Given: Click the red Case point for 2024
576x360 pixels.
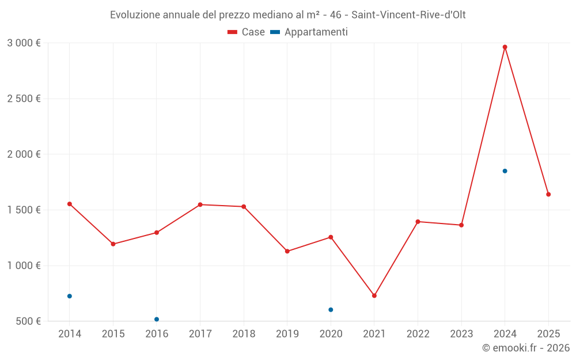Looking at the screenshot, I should pos(505,47).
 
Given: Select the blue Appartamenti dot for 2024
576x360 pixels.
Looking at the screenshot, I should pos(505,171).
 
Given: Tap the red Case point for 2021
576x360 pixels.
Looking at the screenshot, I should pos(374,295).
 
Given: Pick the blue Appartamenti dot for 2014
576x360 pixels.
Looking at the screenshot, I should pos(70,296).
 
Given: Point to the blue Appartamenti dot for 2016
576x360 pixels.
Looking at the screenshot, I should pos(157,319).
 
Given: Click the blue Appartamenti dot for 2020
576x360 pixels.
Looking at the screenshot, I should pos(331,310).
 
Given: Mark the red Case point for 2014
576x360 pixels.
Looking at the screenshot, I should pos(70,204).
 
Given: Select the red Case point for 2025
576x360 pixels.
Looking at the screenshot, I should pos(548,195).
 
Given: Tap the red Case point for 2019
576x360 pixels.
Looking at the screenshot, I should pos(287,251).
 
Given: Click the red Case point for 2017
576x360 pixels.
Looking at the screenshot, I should pos(200,204).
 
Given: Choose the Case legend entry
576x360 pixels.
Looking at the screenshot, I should pos(246,32).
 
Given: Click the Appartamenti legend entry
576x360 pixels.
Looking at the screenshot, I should pos(309,32).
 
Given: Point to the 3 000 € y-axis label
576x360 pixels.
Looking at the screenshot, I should pos(24,43).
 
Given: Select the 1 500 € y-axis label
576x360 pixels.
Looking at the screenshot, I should pos(24,210).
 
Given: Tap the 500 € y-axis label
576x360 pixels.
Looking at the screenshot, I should pos(28,321).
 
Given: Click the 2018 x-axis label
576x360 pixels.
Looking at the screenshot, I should pos(244,334).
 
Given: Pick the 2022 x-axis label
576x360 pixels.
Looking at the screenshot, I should pos(418,334).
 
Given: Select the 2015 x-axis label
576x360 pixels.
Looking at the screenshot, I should pos(113,334).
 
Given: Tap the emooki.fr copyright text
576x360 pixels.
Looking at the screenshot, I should pos(526,348).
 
